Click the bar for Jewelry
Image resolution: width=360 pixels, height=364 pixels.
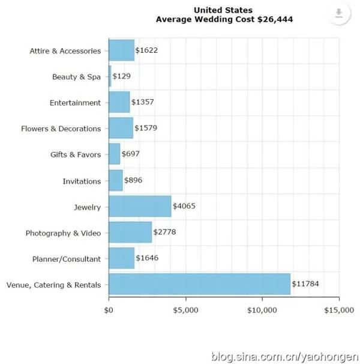(x=140, y=207)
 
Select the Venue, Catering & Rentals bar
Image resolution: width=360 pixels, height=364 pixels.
(x=199, y=285)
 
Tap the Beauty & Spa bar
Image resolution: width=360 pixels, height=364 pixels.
(x=110, y=76)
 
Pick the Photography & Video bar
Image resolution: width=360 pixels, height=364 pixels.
(x=130, y=232)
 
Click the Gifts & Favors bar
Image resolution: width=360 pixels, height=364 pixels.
(x=114, y=154)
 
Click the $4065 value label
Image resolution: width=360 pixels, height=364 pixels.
(x=184, y=207)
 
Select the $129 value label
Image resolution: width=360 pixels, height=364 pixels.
(x=121, y=76)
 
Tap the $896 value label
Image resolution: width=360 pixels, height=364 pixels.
(x=133, y=180)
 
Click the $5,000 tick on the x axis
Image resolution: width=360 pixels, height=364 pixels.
(x=185, y=310)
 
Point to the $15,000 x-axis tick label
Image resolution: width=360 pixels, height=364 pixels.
(x=338, y=310)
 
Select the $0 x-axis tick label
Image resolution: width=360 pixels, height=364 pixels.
(x=109, y=310)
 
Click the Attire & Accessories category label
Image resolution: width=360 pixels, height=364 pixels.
(x=65, y=51)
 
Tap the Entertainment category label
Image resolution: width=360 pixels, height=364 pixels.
(x=76, y=103)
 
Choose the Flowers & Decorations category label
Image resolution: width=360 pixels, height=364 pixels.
(x=61, y=129)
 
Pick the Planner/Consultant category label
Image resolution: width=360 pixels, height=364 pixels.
(x=67, y=259)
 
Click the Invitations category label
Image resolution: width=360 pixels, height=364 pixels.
(x=82, y=181)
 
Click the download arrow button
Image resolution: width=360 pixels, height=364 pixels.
(x=339, y=14)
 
